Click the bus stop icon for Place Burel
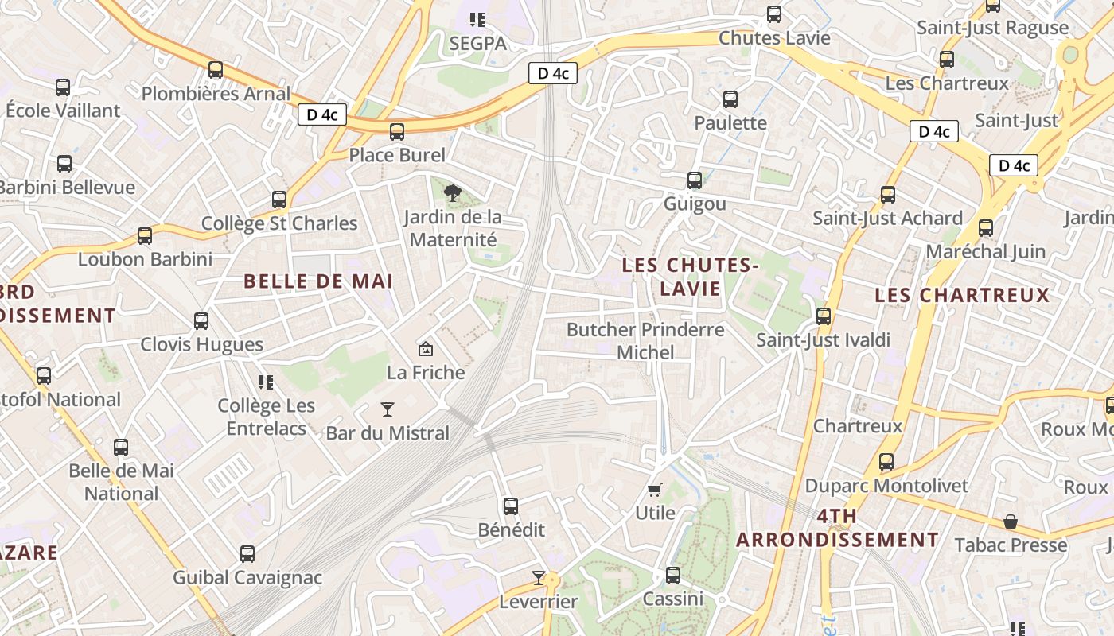click(397, 132)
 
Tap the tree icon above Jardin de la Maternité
click(453, 192)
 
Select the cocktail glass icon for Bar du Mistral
click(388, 409)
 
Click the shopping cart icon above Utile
click(655, 490)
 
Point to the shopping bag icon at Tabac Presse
click(1010, 522)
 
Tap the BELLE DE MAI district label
click(318, 281)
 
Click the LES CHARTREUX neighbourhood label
click(962, 295)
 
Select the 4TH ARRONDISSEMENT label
click(837, 528)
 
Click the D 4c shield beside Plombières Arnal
click(322, 114)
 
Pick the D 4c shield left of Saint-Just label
click(933, 131)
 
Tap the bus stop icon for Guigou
click(695, 180)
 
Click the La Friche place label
click(426, 372)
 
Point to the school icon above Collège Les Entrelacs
click(266, 382)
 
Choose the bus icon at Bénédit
click(511, 506)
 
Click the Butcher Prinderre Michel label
click(645, 340)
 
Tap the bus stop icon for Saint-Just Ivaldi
click(824, 316)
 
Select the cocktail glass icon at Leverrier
click(539, 578)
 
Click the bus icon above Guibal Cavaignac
click(247, 553)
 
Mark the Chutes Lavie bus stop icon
click(773, 14)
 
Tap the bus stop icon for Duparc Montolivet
click(886, 461)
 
